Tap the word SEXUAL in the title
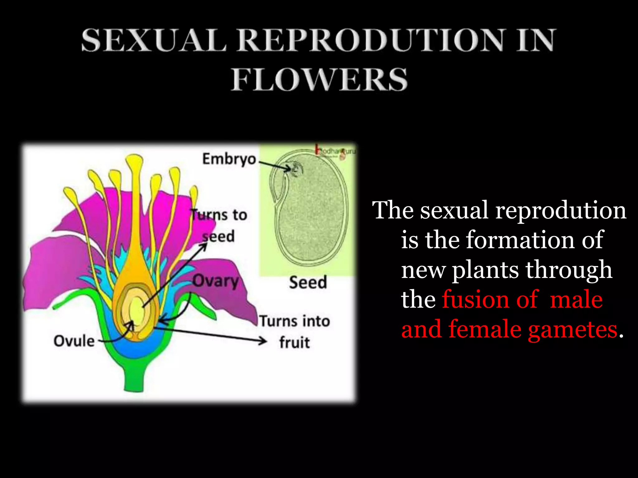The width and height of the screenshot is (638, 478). (154, 40)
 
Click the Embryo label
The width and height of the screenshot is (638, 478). (229, 159)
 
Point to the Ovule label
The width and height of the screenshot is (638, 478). (74, 341)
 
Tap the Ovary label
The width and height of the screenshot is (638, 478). (216, 281)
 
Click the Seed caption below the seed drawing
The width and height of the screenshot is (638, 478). (308, 282)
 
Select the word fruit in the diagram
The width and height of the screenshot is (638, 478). (294, 343)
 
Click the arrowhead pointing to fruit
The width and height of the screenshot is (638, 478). (263, 341)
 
